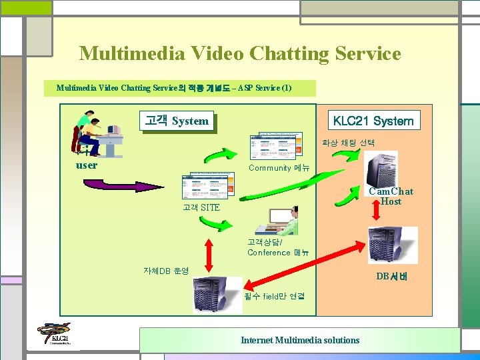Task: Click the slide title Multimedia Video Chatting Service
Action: tap(240, 53)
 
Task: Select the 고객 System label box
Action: tap(177, 121)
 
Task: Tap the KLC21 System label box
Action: tap(373, 121)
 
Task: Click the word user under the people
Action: tap(87, 165)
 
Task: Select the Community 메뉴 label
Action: tap(279, 168)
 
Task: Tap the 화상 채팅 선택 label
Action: tap(348, 143)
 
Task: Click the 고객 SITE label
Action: tap(201, 208)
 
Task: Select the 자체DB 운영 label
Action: tap(166, 271)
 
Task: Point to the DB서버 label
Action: tap(391, 276)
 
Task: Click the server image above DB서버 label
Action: tap(393, 245)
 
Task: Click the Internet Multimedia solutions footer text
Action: tap(300, 340)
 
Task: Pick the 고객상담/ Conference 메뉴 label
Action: tap(277, 247)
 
